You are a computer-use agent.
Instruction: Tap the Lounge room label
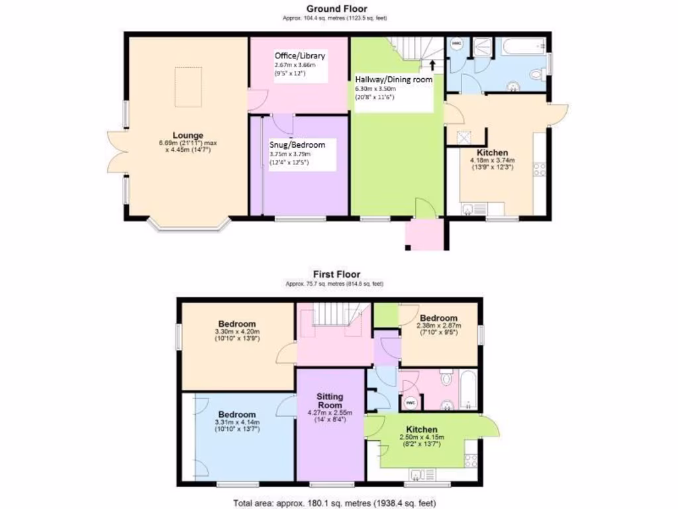[189, 135]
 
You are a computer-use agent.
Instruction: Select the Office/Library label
[300, 56]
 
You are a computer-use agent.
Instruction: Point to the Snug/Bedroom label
[297, 144]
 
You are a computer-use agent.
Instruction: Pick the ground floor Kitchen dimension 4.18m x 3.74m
[492, 160]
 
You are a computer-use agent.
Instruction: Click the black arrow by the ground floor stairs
[432, 65]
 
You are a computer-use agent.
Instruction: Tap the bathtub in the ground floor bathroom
[523, 46]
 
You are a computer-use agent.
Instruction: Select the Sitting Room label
[329, 401]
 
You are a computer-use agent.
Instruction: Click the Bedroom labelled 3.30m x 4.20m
[237, 325]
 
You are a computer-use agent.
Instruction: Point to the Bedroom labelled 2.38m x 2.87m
[438, 318]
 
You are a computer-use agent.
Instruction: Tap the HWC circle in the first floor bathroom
[410, 402]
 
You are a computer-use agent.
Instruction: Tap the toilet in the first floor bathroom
[446, 379]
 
